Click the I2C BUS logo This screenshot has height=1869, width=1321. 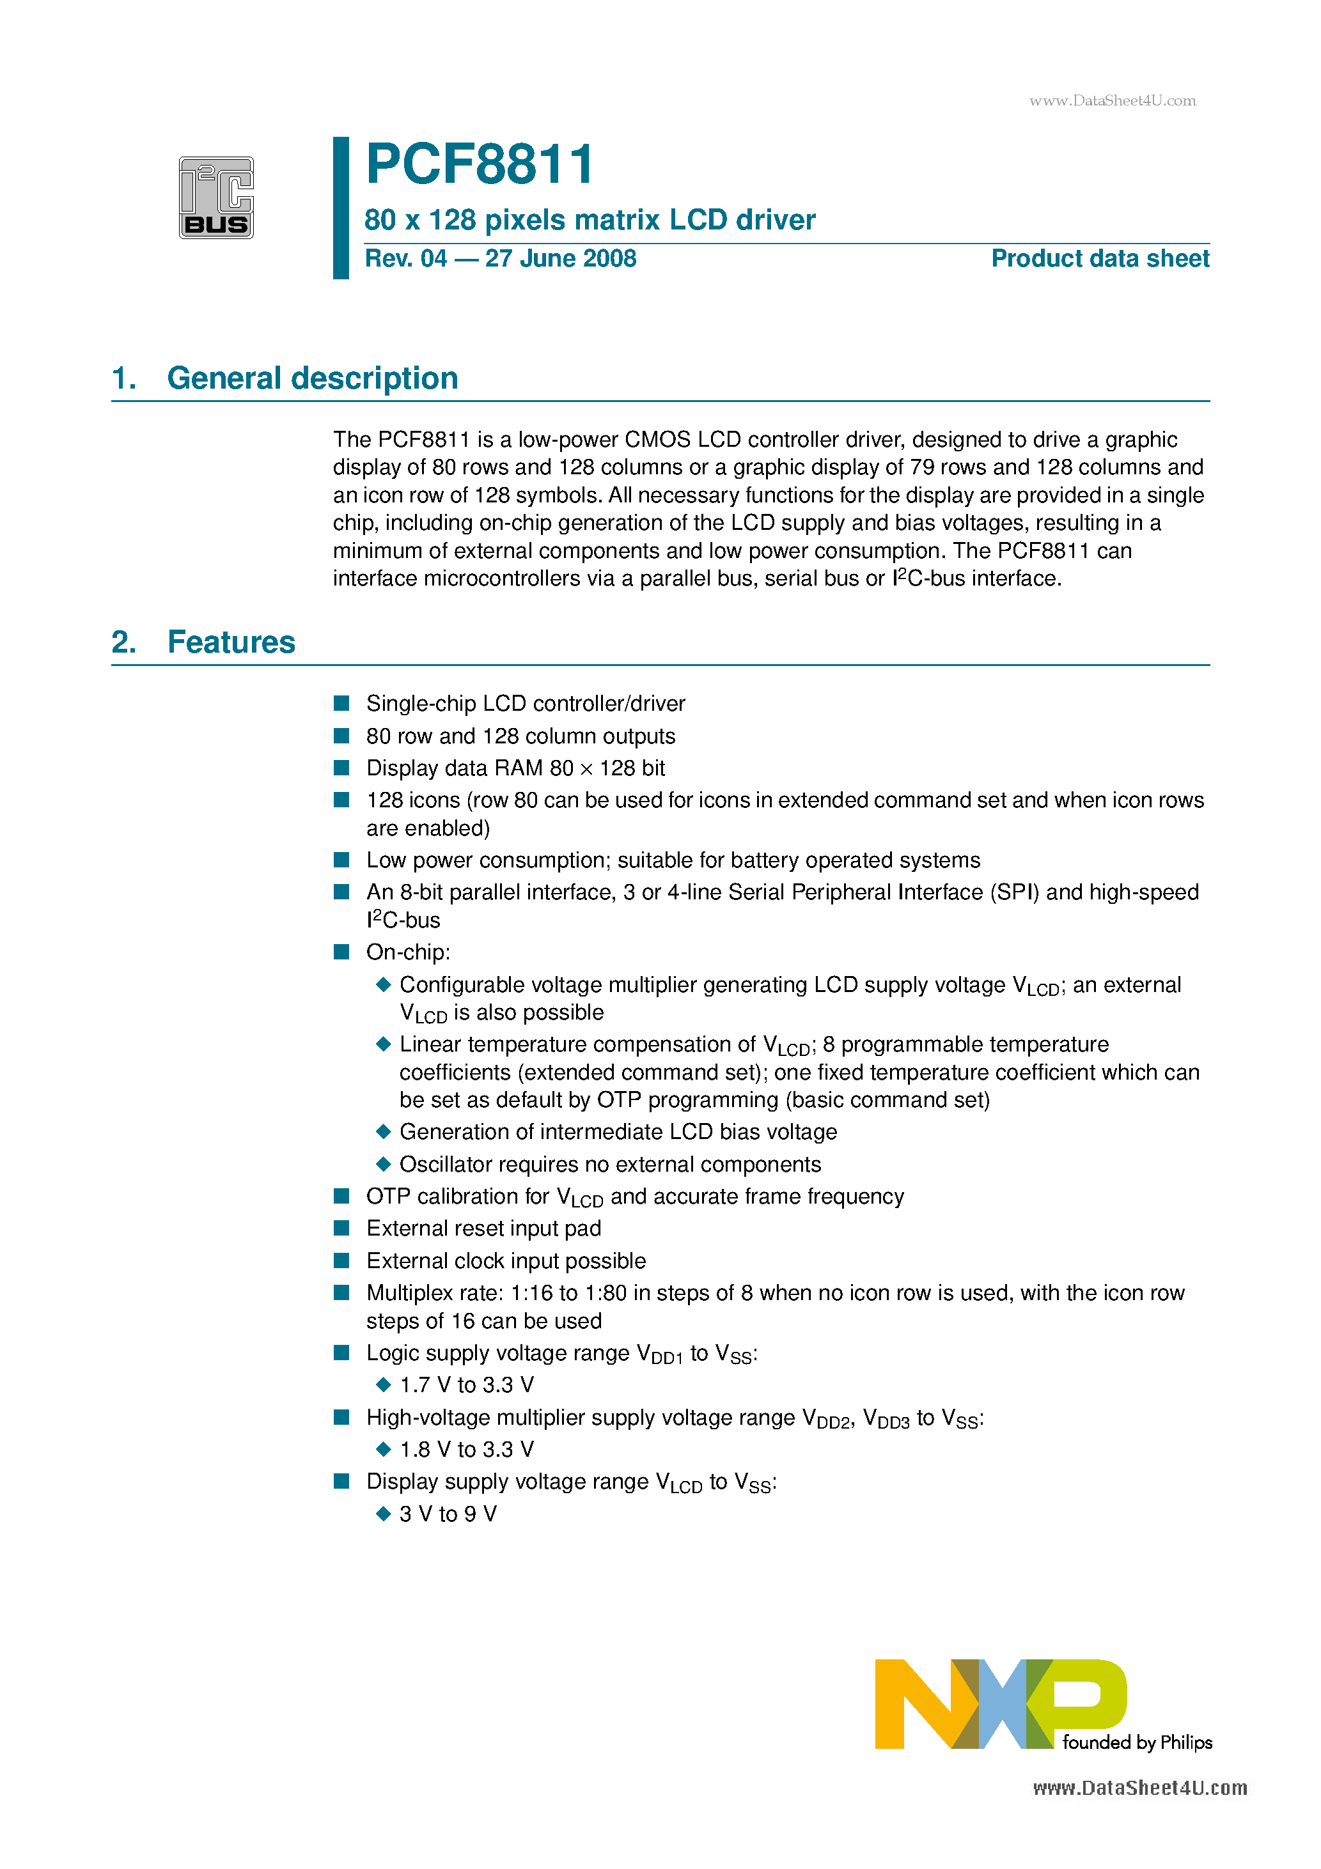[216, 198]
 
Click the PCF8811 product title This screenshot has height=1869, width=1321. [480, 164]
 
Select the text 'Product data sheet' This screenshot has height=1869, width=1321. [1100, 259]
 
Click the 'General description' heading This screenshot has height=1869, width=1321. [312, 378]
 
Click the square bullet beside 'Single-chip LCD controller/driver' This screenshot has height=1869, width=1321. [342, 703]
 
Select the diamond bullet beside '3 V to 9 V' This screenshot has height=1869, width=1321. [384, 1513]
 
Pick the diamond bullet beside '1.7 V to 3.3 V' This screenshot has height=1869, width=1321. [384, 1384]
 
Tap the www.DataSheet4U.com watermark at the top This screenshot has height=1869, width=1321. [1113, 101]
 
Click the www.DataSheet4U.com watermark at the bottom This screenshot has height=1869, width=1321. [1139, 1788]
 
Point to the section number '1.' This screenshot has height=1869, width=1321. [124, 378]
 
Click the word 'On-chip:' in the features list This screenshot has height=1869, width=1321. [408, 952]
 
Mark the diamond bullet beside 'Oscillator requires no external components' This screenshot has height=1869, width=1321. [384, 1164]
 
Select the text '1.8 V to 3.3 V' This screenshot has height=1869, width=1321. [467, 1449]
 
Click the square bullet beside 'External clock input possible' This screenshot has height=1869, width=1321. [342, 1260]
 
